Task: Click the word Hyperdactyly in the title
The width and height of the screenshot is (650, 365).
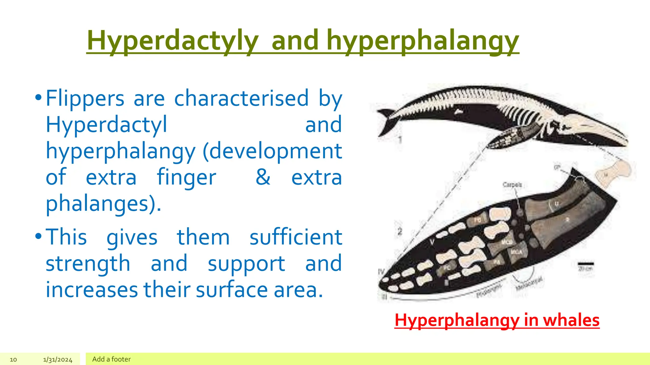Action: point(172,41)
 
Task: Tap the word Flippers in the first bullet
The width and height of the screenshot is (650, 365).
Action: point(85,99)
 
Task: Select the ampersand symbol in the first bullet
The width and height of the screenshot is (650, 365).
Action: point(263,177)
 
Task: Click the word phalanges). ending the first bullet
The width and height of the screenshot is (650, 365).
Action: point(103,203)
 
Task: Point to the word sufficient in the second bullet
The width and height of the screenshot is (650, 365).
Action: point(296,237)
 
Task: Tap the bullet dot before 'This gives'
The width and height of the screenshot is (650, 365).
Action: point(38,236)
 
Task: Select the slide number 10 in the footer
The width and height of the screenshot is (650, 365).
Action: point(13,360)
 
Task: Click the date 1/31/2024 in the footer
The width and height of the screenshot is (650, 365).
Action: point(58,360)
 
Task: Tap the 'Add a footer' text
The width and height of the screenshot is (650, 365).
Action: point(111,359)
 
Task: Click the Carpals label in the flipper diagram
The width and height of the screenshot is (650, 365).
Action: point(512,184)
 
